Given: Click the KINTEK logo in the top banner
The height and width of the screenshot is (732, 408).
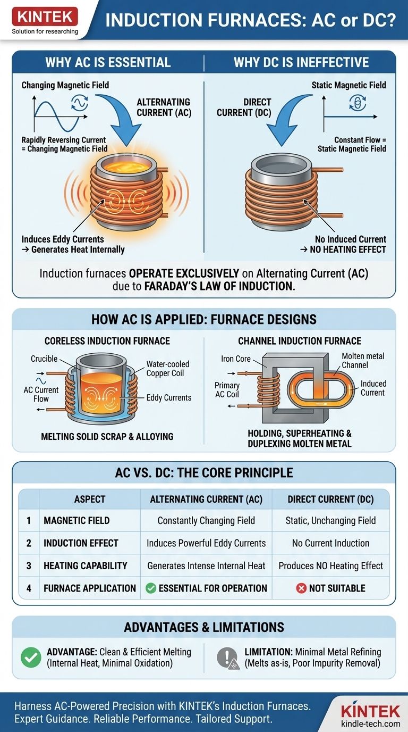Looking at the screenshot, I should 45,17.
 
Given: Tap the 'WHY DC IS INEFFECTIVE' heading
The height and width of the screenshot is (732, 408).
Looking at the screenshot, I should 301,62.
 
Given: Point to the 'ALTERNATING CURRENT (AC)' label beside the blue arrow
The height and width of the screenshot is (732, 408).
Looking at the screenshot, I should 164,107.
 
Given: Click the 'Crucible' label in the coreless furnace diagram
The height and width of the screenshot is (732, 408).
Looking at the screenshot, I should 44,359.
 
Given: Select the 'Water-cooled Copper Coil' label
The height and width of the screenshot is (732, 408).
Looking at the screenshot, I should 168,369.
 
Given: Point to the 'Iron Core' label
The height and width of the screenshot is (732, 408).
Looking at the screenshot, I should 236,359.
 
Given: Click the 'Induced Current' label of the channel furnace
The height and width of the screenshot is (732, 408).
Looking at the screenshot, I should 373,388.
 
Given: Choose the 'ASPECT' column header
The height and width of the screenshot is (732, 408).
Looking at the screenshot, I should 89,499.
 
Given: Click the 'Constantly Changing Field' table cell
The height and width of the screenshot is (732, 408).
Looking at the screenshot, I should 206,521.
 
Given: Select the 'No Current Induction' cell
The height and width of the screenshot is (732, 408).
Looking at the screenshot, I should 330,543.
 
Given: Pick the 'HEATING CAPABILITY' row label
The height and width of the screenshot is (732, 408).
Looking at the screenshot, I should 85,565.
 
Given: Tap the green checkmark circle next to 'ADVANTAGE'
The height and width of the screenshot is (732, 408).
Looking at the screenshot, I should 31,658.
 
